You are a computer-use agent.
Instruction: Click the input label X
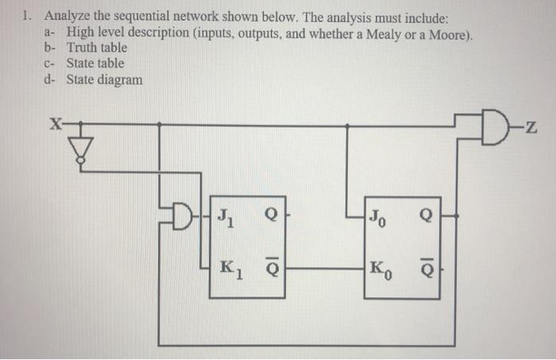[54, 124]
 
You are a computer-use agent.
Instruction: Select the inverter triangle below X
[80, 149]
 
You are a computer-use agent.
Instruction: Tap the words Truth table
[97, 47]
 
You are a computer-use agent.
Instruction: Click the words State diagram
[105, 79]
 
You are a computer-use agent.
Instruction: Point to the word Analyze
[70, 16]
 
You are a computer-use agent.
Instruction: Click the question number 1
[27, 16]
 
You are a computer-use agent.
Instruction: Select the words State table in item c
[95, 63]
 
